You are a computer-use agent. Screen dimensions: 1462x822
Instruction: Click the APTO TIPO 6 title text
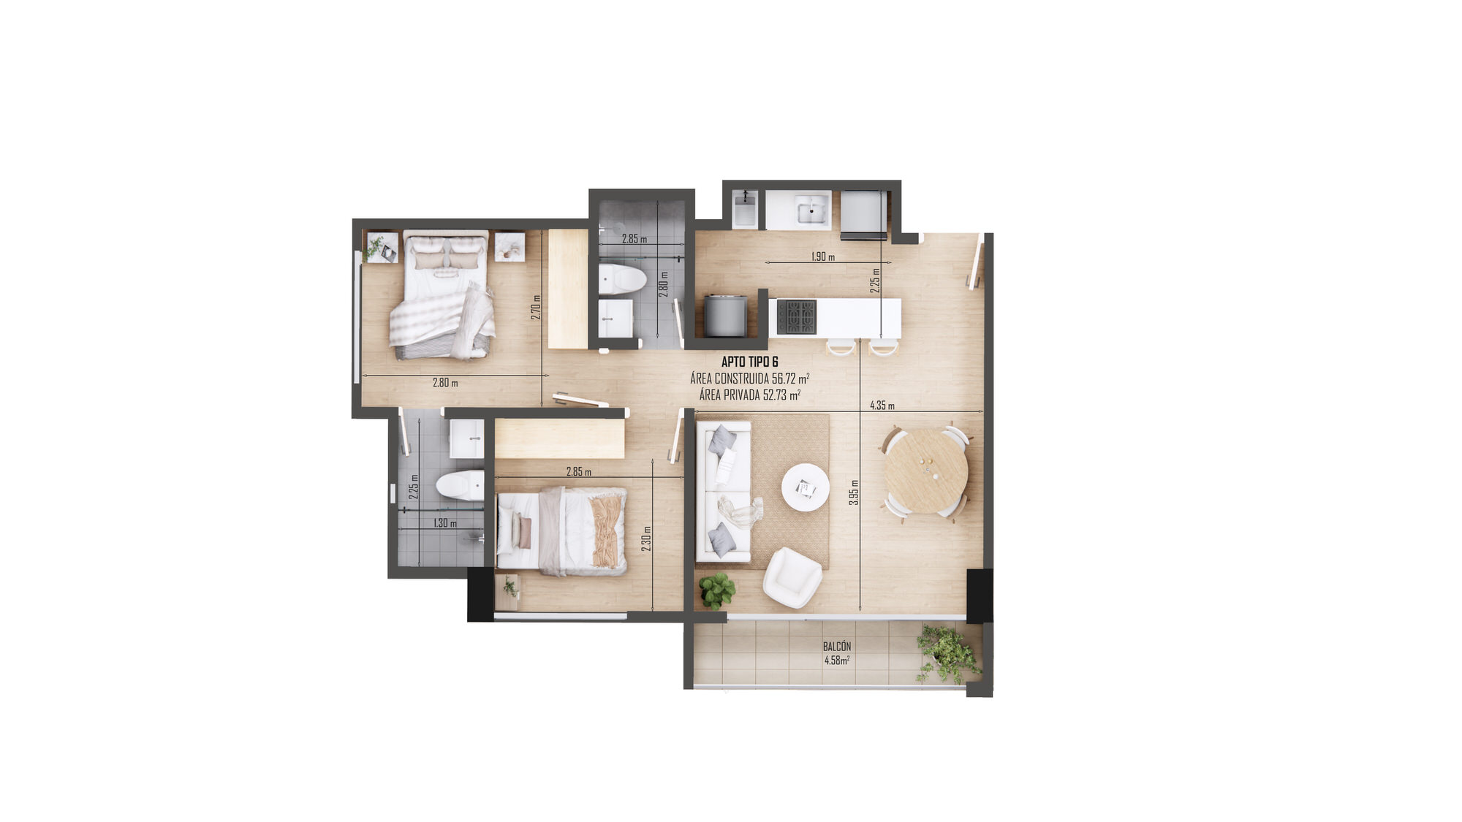[749, 362]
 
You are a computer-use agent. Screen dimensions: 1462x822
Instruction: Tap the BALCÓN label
[837, 647]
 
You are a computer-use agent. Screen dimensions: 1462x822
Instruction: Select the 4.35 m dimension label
[882, 406]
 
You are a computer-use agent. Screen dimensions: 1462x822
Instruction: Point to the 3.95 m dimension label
[854, 492]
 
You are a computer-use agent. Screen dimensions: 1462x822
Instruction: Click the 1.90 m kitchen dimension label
[823, 256]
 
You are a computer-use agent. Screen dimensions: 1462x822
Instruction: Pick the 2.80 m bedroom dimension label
[445, 382]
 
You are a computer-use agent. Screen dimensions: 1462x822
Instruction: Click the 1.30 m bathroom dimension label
[444, 523]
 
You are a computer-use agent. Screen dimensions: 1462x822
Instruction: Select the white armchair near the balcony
[792, 578]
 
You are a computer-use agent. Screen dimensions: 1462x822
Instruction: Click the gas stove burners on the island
[796, 317]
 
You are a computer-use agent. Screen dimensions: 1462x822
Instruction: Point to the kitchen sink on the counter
[811, 211]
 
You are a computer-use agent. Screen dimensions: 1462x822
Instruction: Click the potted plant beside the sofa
[716, 590]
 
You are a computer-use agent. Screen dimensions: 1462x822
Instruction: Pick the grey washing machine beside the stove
[725, 316]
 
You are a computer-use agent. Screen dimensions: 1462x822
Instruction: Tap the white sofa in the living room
[723, 492]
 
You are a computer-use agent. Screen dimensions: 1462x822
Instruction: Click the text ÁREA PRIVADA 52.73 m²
[749, 395]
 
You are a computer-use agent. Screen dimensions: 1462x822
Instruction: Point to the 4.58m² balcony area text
[837, 661]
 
